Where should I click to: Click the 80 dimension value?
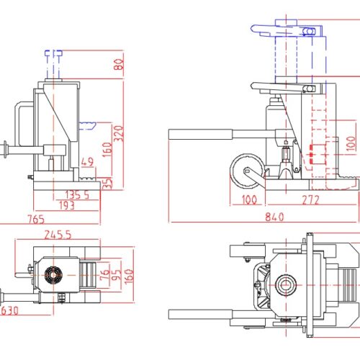click(119, 64)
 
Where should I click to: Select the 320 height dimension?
click(119, 133)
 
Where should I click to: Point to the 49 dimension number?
click(88, 161)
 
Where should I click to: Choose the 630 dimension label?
click(9, 311)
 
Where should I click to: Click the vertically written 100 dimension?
click(351, 144)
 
